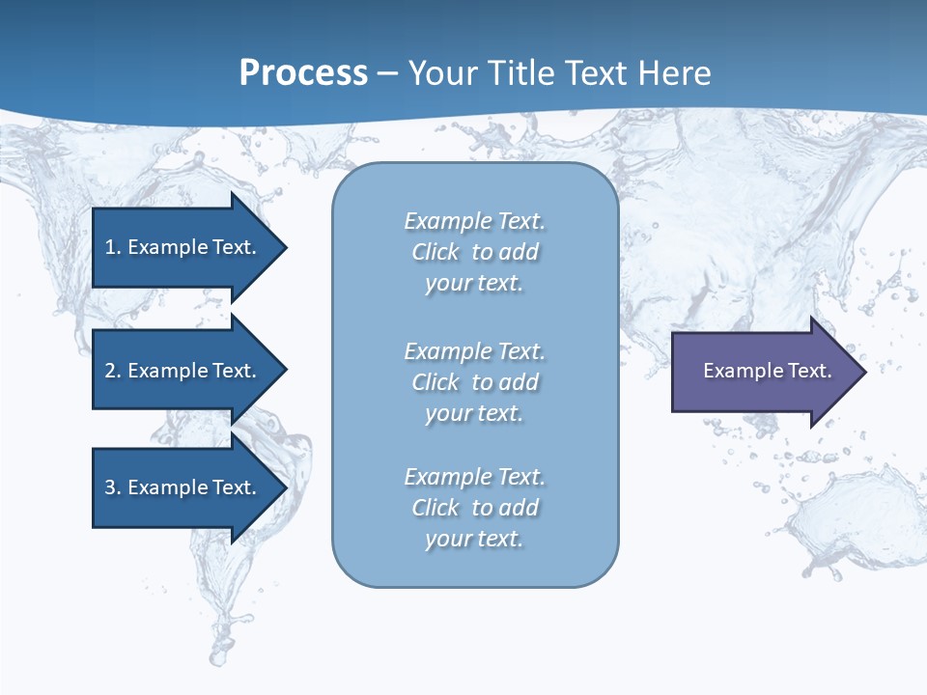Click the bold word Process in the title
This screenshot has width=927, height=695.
pos(303,73)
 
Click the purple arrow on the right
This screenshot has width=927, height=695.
pos(763,371)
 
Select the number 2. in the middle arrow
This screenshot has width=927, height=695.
pos(112,371)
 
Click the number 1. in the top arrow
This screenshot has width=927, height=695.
pos(112,247)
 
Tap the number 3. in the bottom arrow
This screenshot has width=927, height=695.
pos(112,487)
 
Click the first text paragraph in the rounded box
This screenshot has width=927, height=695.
pos(474,252)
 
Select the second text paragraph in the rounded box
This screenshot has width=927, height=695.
pos(474,382)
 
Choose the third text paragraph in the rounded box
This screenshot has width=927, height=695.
pos(474,508)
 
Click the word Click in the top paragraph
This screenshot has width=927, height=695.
pos(435,252)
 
